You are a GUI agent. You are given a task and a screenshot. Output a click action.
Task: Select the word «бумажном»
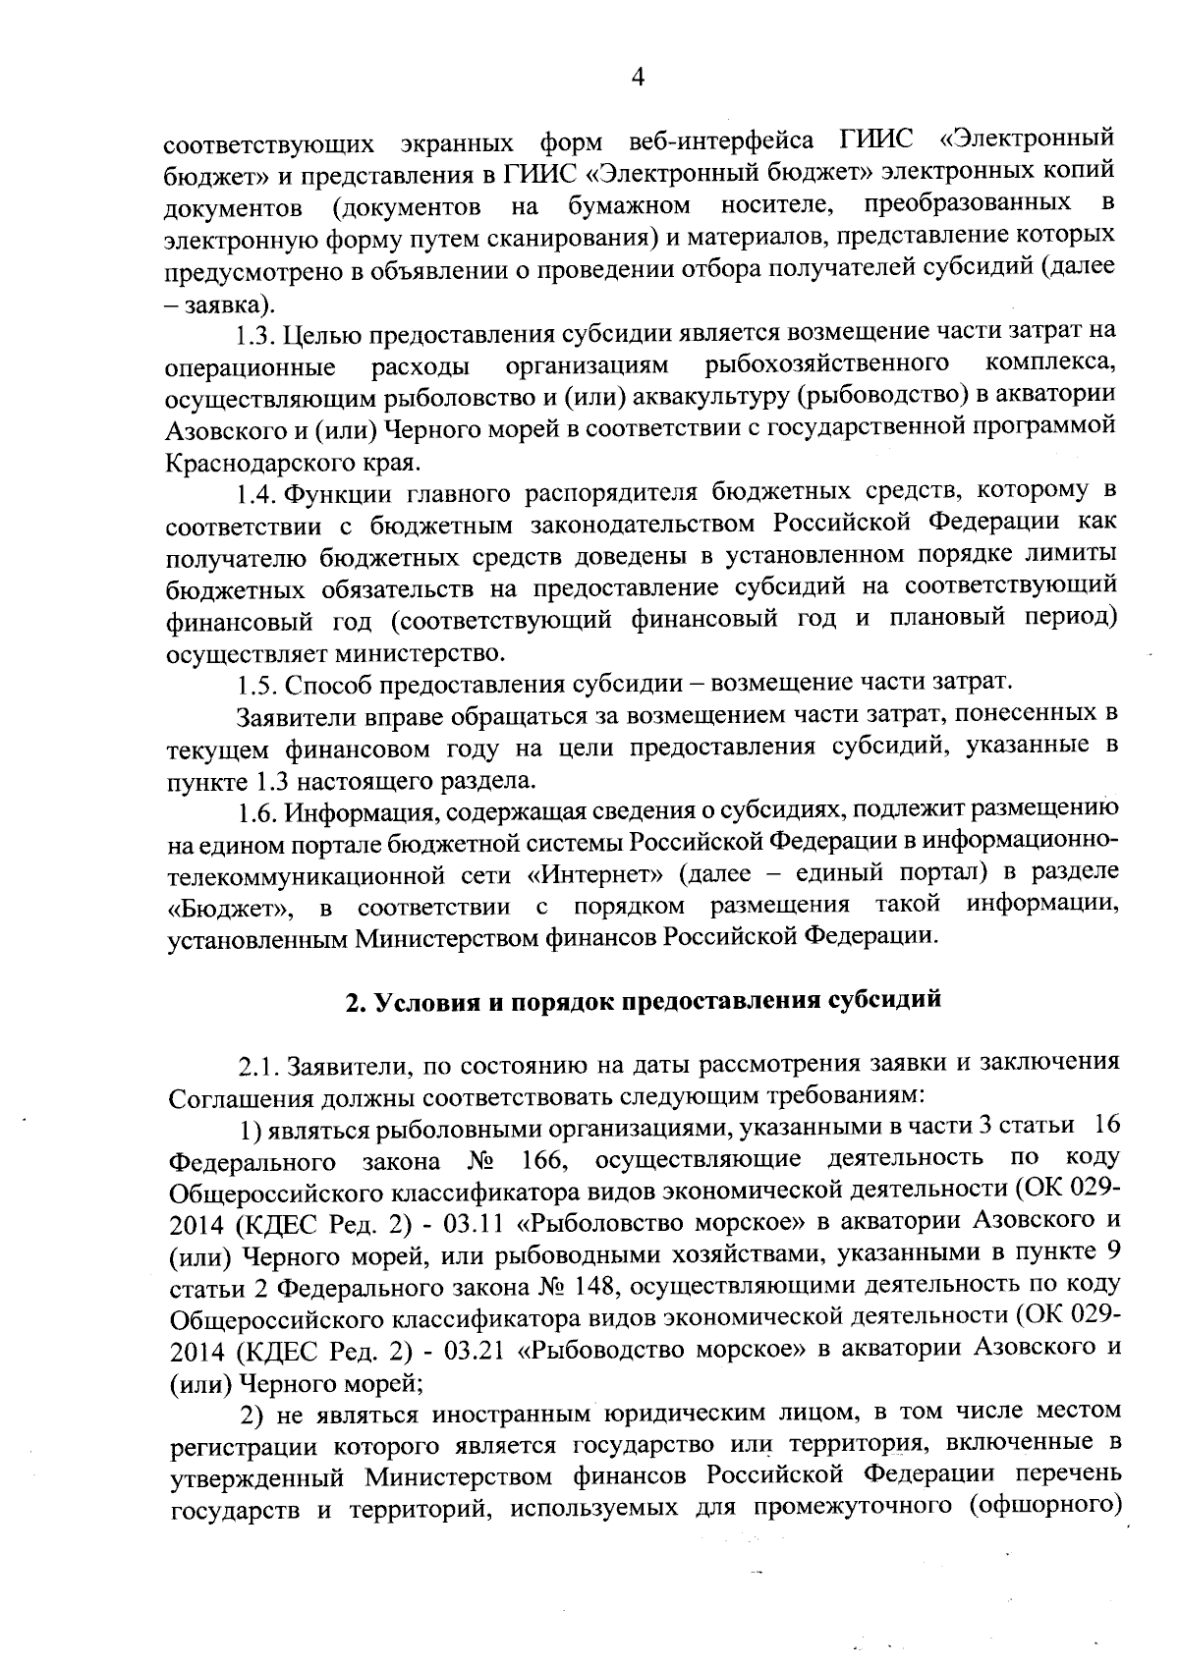[629, 205]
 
